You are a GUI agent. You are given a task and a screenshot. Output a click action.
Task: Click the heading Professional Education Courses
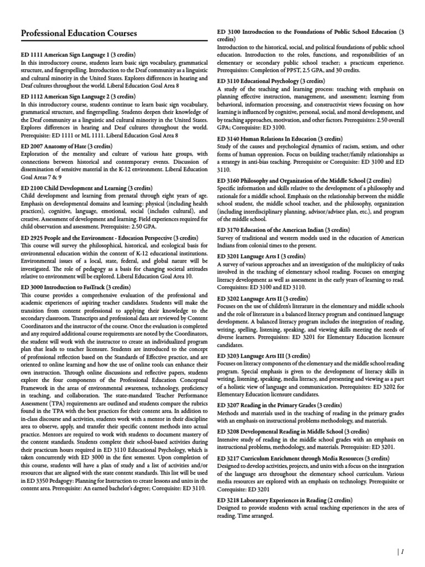[79, 34]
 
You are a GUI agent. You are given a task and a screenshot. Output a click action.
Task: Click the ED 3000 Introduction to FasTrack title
[75, 287]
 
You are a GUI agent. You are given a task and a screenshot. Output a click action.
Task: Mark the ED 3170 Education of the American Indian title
[283, 229]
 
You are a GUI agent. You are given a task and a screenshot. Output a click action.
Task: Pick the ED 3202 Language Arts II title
[260, 298]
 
